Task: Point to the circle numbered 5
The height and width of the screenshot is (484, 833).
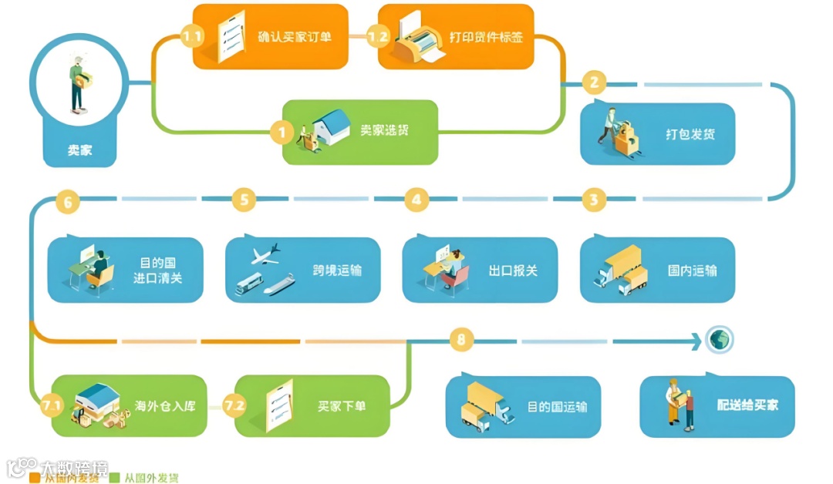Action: (x=244, y=200)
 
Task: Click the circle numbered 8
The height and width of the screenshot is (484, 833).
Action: (x=461, y=340)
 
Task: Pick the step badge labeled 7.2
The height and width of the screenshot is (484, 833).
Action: (x=234, y=404)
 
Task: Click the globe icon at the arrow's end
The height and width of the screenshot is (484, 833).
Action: (x=720, y=339)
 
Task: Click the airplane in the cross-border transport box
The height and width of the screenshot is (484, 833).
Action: (x=266, y=254)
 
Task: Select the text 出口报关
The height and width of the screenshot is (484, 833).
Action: (x=513, y=271)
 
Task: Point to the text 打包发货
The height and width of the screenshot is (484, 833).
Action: (x=690, y=134)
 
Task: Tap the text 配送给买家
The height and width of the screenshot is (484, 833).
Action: (x=747, y=405)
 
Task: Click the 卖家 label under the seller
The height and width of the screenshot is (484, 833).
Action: (x=79, y=150)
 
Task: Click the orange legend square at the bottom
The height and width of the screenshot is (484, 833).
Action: (x=35, y=478)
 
